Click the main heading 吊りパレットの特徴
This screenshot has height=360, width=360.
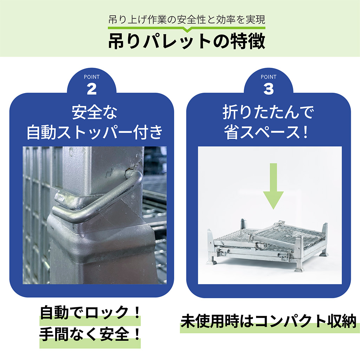186,41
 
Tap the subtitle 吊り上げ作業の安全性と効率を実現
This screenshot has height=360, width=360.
186,20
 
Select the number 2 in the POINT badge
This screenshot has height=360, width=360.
92,89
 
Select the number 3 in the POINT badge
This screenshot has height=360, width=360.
269,89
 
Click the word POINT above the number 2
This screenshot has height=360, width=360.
92,77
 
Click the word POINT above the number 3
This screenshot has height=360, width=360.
269,77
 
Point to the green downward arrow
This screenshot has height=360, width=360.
273,186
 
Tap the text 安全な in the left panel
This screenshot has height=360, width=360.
94,112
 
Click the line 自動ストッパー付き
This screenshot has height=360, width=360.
94,132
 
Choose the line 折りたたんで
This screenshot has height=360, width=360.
268,112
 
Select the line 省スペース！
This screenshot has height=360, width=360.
266,132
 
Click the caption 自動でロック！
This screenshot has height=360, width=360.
90,313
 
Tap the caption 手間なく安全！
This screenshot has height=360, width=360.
90,334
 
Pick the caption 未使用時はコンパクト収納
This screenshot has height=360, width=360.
269,321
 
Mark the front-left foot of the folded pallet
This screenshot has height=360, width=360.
212,262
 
